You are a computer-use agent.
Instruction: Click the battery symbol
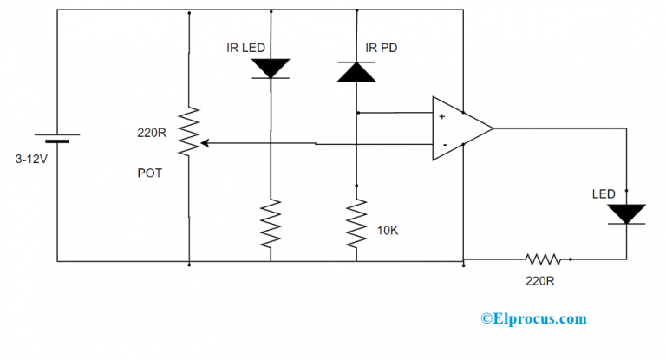click(57, 139)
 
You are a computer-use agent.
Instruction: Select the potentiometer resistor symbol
click(188, 132)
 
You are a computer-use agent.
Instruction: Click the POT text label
click(149, 173)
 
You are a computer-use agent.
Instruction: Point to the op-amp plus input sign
click(442, 115)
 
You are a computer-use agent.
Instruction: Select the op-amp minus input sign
click(443, 143)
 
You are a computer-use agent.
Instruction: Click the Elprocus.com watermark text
click(533, 319)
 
